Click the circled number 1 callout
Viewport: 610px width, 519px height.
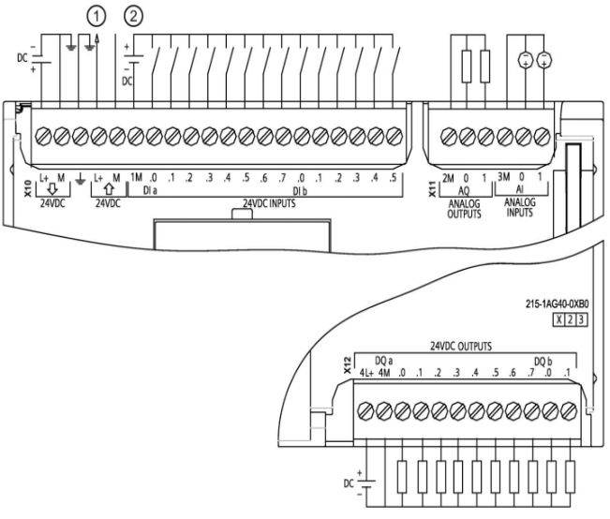[94, 15]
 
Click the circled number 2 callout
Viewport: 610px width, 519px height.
[135, 15]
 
